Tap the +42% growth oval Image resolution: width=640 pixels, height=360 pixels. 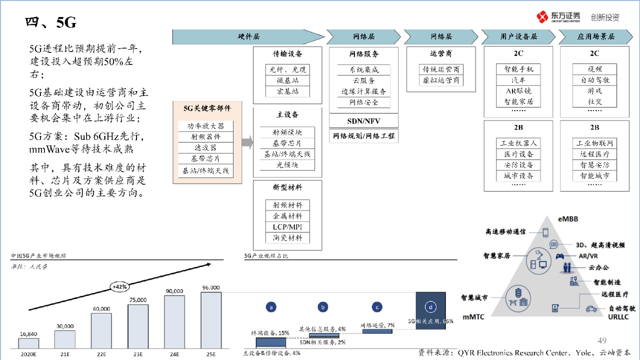pos(120,286)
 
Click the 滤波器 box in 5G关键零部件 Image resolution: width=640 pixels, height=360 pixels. pos(205,147)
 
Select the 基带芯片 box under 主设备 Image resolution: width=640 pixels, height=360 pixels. pos(287,143)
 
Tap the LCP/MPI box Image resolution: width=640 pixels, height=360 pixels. pos(287,227)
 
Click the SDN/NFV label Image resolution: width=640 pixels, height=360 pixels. pos(363,121)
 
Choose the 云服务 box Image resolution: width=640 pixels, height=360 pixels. pos(364,80)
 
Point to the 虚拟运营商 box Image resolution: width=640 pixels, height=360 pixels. pos(441,80)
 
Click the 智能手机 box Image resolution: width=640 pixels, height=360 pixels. pos(518,69)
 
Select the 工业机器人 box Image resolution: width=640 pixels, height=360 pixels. pos(518,143)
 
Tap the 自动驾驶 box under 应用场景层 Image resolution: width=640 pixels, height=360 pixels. pos(595,80)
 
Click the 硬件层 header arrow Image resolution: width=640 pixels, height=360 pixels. pos(248,37)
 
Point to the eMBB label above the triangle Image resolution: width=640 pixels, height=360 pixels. pos(569,218)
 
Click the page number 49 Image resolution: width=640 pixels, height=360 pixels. pos(602,340)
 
